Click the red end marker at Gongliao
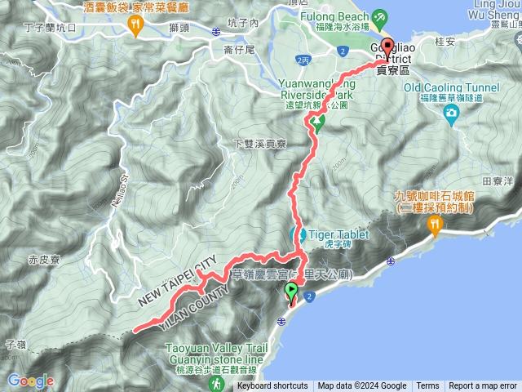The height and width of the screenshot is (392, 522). click(387, 47)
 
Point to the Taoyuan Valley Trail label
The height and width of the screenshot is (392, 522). click(216, 346)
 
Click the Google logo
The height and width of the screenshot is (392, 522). click(31, 381)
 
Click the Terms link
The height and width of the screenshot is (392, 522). click(427, 386)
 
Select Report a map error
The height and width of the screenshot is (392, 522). click(484, 386)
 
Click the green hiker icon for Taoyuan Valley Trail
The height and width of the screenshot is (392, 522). click(216, 381)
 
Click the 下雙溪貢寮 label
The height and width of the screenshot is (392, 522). click(261, 144)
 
